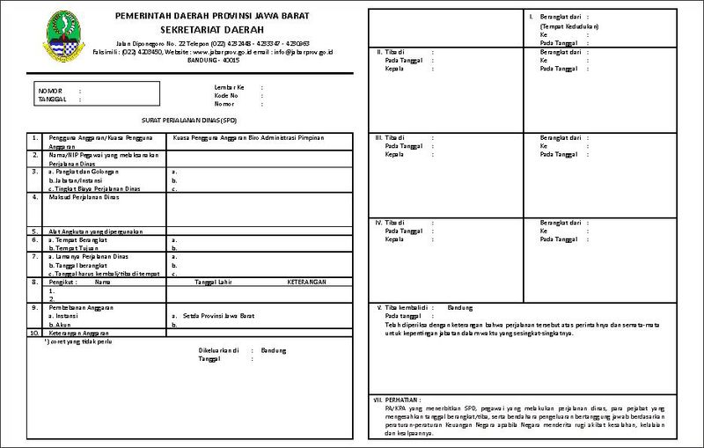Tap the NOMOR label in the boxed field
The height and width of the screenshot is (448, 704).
coord(49,90)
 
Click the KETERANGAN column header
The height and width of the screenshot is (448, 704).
coord(307,283)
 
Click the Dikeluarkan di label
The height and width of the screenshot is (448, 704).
coord(219,350)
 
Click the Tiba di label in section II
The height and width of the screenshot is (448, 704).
coord(393,52)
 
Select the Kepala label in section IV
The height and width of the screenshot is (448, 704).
coord(393,239)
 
